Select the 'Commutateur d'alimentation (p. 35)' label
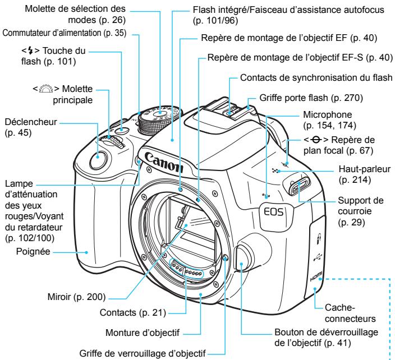66,33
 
